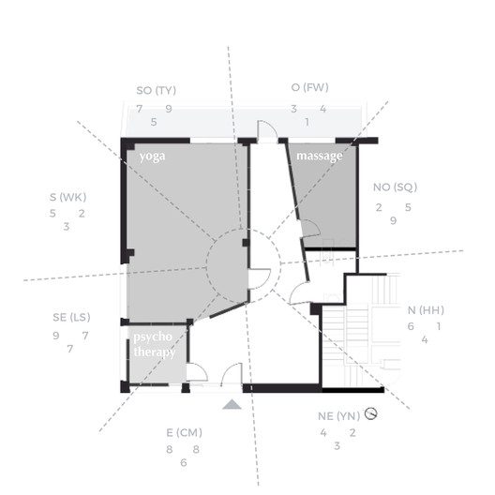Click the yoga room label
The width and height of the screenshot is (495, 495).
[152, 157]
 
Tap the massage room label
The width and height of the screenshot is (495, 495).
[320, 156]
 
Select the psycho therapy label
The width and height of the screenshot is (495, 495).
[154, 344]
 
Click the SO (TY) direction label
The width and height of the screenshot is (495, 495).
[156, 91]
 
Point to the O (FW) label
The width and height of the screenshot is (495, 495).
[309, 87]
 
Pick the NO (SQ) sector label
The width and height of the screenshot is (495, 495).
[395, 187]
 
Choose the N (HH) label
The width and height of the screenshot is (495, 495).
[426, 310]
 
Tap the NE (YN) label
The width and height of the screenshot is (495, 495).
[338, 416]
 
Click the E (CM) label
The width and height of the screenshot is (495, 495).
[184, 432]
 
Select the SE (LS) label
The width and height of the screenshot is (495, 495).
[71, 317]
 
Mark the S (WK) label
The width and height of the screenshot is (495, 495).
[67, 197]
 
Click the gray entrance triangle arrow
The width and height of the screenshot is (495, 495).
[232, 404]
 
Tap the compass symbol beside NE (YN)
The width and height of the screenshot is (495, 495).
[370, 413]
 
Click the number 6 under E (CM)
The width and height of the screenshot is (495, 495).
[184, 463]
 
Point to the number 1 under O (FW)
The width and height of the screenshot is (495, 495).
[307, 122]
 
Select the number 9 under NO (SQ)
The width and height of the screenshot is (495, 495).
[393, 220]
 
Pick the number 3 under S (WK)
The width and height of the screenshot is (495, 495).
[66, 227]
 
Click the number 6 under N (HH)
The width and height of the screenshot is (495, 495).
[411, 326]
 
